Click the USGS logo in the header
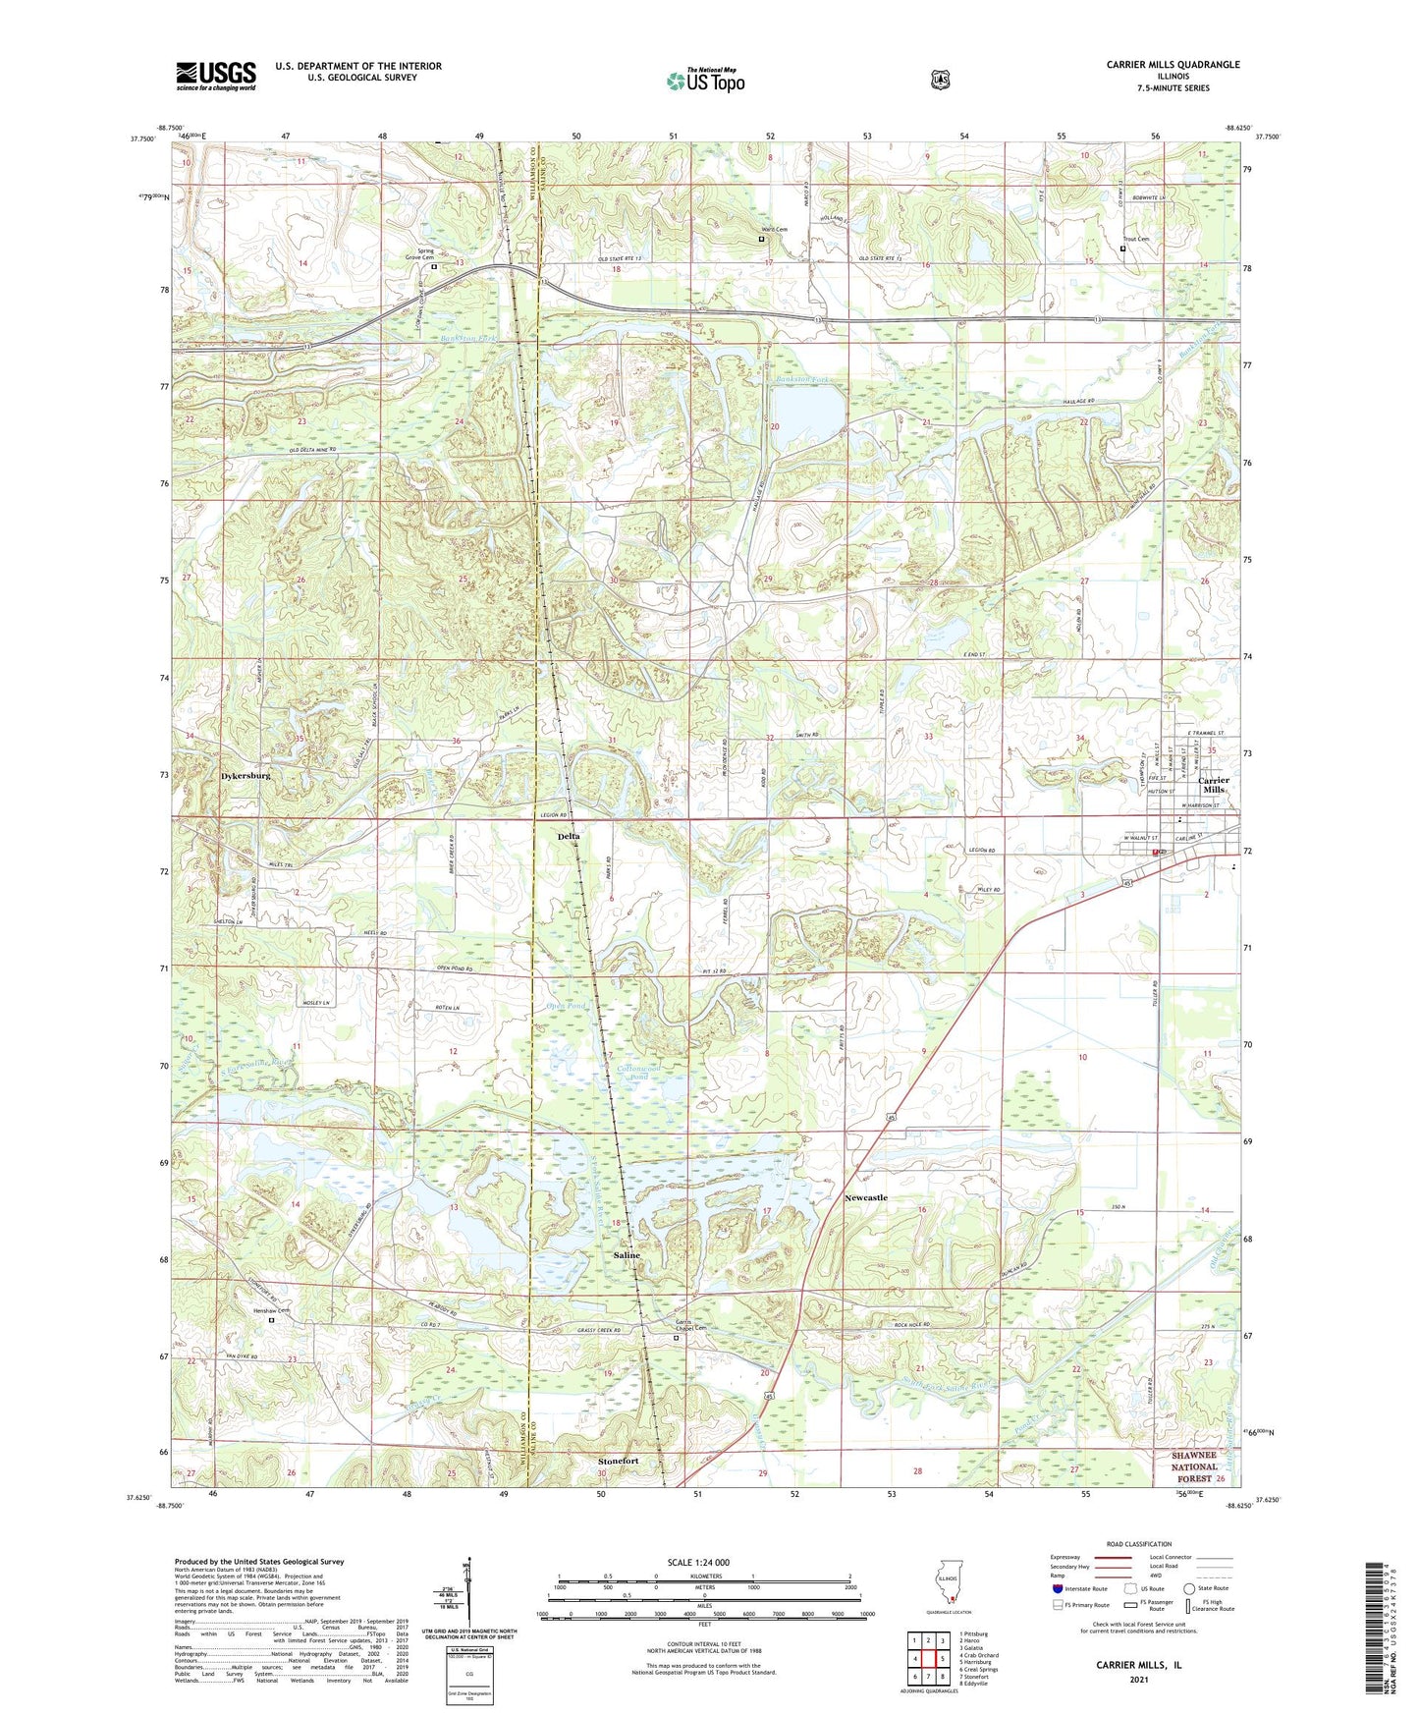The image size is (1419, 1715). pos(216,76)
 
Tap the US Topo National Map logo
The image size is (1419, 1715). pos(704,81)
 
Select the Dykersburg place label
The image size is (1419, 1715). pos(240,776)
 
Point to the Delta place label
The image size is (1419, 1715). pos(569,836)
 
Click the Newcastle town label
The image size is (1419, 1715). pos(865,1197)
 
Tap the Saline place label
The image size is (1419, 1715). pos(627,1255)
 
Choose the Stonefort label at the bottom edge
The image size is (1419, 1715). pos(619,1461)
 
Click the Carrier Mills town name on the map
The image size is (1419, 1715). pos(1214,785)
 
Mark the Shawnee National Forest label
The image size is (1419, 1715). pos(1207,1466)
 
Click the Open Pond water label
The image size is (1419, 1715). pos(565,1007)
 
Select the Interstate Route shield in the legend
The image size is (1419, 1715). pos(1057,1588)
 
